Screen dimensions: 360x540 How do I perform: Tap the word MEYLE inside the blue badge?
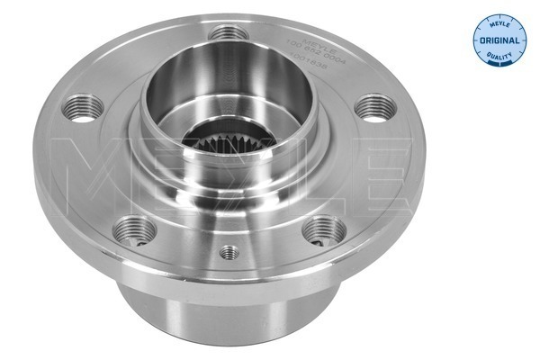pos(497,24)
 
